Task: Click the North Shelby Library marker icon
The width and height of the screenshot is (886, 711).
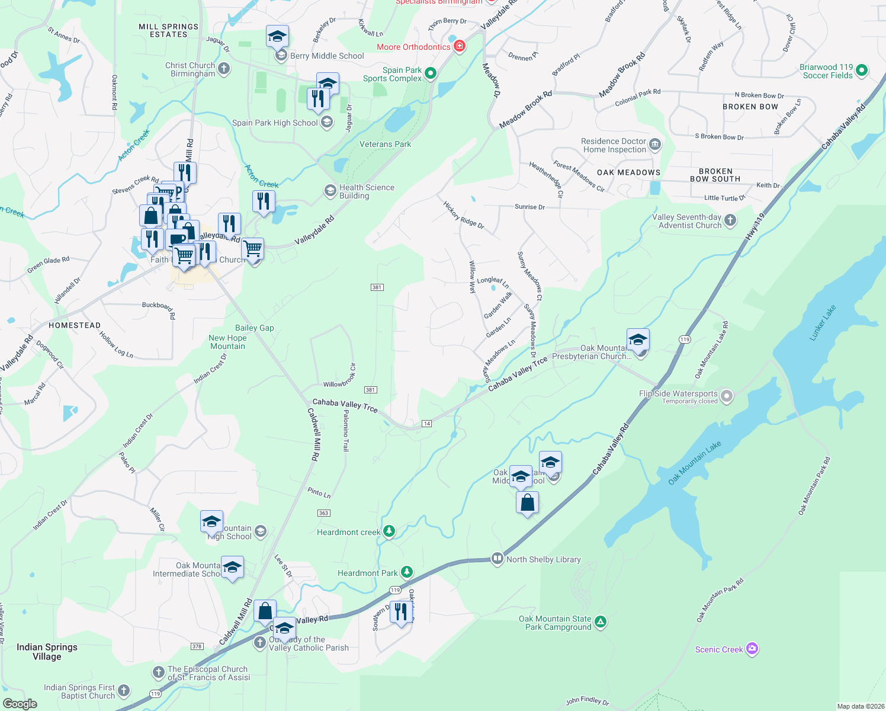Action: pos(497,559)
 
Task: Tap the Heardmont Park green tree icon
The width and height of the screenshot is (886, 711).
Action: pos(406,572)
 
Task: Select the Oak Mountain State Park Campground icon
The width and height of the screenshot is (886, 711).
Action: pos(601,622)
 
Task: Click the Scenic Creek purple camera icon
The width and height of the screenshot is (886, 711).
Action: pos(752,649)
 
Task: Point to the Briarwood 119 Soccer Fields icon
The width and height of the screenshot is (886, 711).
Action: pos(862,71)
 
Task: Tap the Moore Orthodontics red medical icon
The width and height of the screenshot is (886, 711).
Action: pos(460,46)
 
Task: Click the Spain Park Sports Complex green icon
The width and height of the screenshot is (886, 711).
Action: pos(431,73)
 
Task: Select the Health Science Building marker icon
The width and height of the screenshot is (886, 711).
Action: pos(330,191)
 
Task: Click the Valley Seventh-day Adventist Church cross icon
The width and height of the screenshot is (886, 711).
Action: pos(730,220)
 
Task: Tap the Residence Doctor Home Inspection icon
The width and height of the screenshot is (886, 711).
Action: pos(655,144)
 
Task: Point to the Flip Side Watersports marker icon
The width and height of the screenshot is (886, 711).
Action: pos(727,396)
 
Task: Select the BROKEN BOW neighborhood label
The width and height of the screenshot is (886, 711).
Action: pos(750,107)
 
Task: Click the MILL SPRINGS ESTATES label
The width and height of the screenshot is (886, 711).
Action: pos(168,30)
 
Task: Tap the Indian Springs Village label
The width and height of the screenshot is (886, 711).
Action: pos(47,651)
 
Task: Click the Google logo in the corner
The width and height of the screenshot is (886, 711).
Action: pos(20,703)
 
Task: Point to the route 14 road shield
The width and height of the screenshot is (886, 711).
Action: pos(426,423)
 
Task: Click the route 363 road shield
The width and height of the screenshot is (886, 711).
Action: pos(323,513)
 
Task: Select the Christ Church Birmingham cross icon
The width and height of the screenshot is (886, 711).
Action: pos(224,69)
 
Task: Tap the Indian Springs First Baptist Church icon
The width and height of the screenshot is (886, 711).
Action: pos(123,690)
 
